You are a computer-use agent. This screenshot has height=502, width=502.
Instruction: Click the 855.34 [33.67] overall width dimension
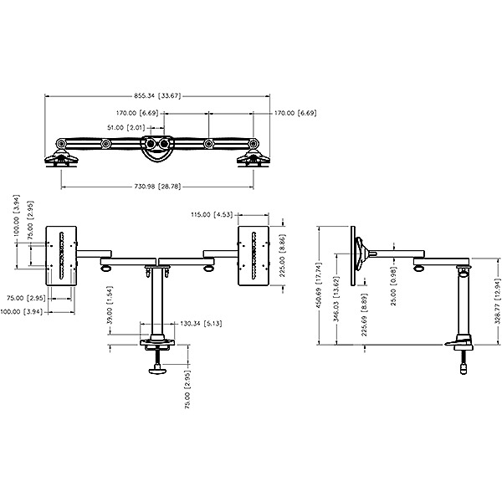(x=157, y=95)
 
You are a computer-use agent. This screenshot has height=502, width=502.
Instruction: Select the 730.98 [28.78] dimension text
(x=157, y=187)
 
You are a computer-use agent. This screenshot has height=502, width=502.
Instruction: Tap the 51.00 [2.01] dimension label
(x=126, y=128)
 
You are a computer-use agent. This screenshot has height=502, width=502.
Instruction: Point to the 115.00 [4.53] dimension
(x=212, y=214)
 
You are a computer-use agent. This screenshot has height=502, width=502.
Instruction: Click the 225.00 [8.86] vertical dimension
(x=283, y=256)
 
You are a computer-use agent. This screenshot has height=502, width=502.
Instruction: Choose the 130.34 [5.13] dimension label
(x=201, y=324)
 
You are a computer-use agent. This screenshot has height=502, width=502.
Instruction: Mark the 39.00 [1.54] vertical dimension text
(x=110, y=305)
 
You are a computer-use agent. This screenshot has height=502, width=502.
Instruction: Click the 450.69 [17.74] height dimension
(x=318, y=285)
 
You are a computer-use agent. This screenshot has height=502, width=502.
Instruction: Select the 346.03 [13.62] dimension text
(x=336, y=300)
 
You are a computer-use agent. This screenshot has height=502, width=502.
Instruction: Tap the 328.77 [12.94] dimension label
(x=497, y=301)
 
